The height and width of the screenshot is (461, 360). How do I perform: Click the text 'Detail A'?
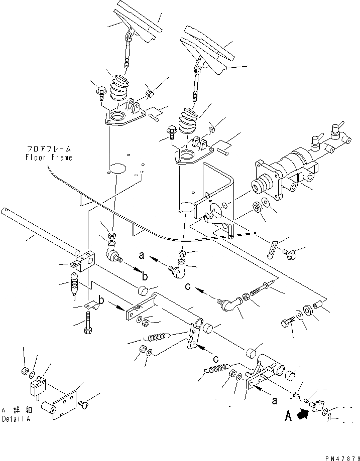15,419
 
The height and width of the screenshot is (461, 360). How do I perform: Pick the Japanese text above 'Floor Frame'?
49,149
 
